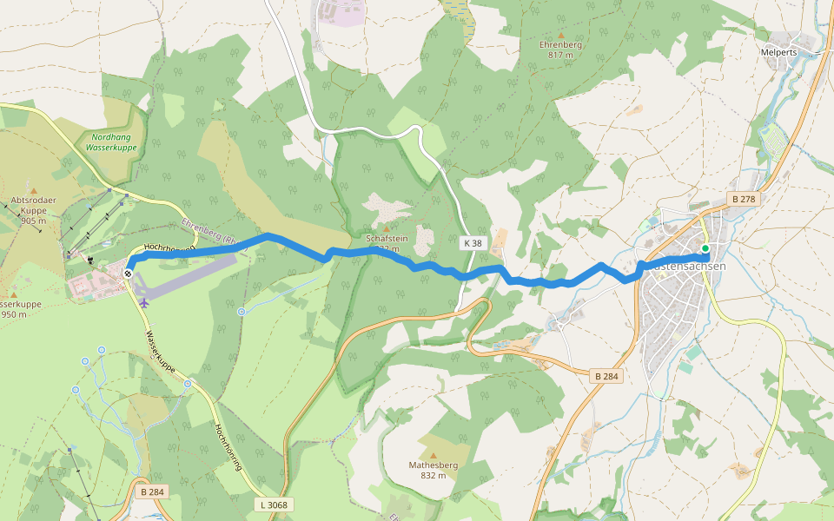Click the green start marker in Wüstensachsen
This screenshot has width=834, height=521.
pos(705,248)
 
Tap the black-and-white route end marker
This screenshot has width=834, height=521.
pos(129,274)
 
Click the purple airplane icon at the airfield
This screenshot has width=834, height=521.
pos(143,302)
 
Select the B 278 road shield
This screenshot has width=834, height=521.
pos(744,200)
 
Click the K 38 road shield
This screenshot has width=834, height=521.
pos(473,244)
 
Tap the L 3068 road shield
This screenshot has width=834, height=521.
pos(274,505)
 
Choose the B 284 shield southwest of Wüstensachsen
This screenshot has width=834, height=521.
pos(606,376)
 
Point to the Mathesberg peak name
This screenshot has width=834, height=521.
pos(433,465)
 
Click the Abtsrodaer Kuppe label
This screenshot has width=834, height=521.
pos(34,205)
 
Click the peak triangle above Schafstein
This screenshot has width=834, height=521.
pos(387,228)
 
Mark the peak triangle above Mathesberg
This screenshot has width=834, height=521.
pos(433,454)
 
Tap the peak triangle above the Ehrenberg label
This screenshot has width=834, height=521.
pos(560,35)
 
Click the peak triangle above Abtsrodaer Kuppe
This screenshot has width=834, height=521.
pos(34,190)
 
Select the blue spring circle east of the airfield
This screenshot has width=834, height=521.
pos(241,311)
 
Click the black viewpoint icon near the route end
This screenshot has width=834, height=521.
pos(89,259)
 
